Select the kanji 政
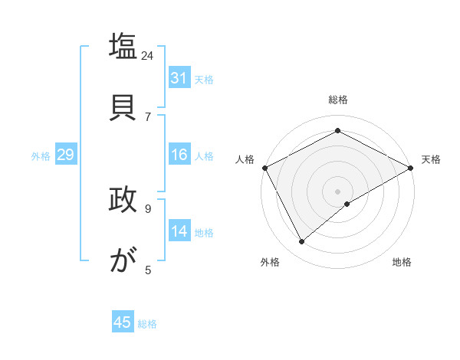pyautogui.click(x=123, y=200)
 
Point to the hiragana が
pyautogui.click(x=123, y=260)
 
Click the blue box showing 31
pyautogui.click(x=179, y=78)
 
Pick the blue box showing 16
pyautogui.click(x=179, y=155)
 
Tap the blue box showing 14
pyautogui.click(x=179, y=231)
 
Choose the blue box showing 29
pyautogui.click(x=65, y=155)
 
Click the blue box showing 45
pyautogui.click(x=123, y=322)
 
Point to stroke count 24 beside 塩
pyautogui.click(x=147, y=55)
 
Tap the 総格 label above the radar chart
pyautogui.click(x=337, y=100)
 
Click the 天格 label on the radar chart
pyautogui.click(x=431, y=159)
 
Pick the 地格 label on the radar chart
pyautogui.click(x=402, y=262)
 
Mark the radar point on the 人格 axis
pyautogui.click(x=264, y=168)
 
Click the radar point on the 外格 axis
pyautogui.click(x=302, y=242)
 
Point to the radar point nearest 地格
pyautogui.click(x=347, y=204)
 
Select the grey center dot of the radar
pyautogui.click(x=337, y=191)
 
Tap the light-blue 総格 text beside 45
pyautogui.click(x=147, y=323)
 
